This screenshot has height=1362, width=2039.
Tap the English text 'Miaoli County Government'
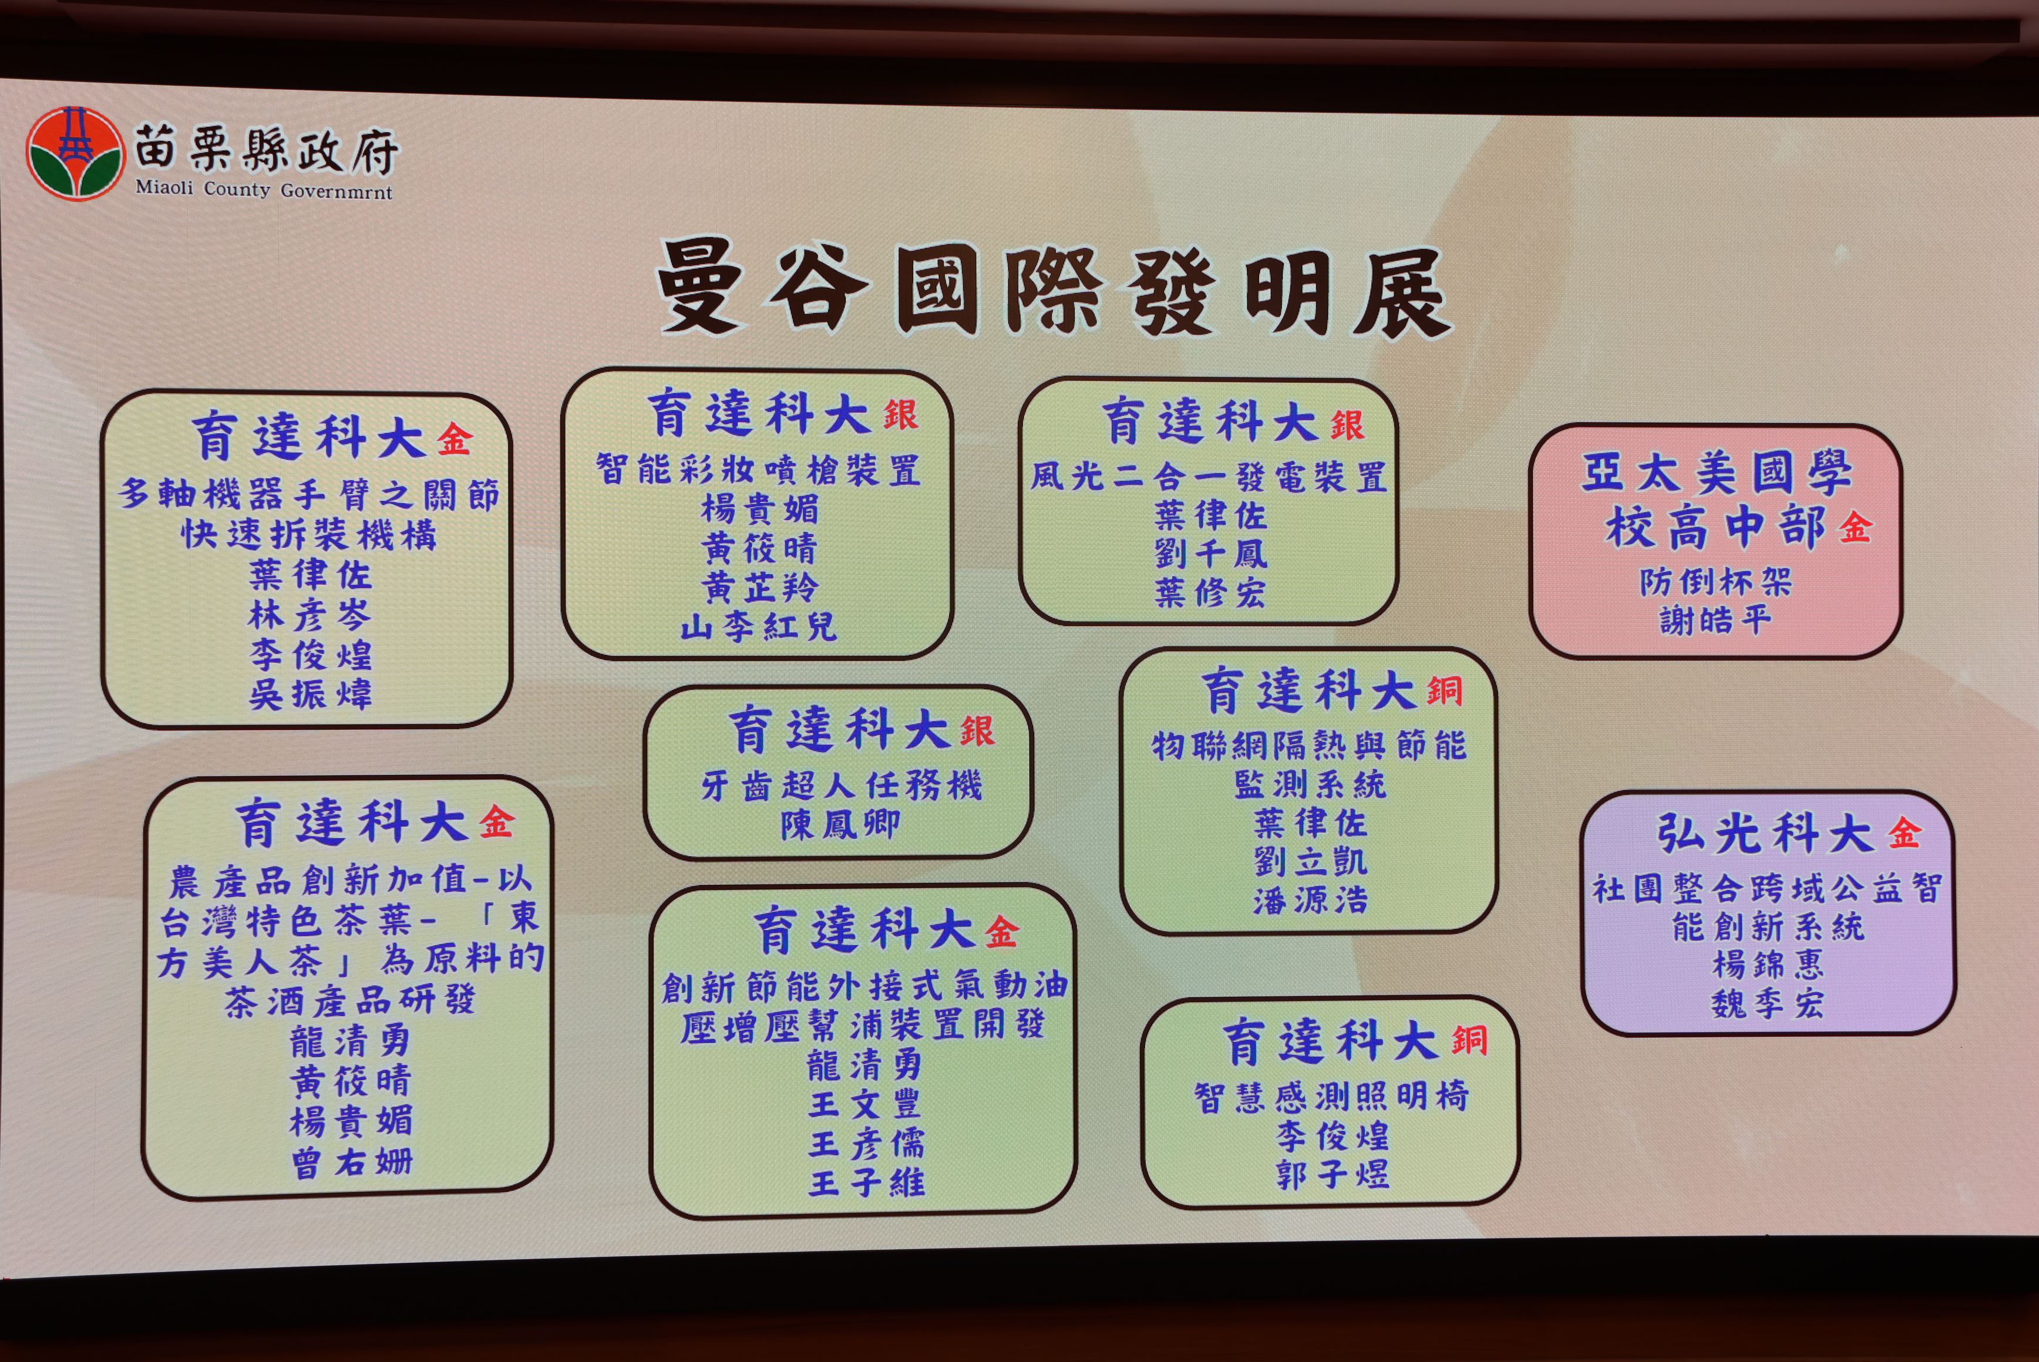263,190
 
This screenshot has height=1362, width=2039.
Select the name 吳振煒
310,694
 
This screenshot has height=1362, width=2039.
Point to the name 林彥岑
310,615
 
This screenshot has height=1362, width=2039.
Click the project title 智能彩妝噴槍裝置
758,470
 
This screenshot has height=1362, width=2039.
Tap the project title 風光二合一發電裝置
1209,477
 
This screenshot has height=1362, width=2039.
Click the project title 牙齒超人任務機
841,786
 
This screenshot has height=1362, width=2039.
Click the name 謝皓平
1715,620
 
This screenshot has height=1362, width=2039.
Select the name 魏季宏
1767,1004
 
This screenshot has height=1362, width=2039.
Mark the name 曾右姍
351,1162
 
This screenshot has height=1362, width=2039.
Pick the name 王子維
866,1182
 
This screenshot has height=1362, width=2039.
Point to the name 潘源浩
1310,900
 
